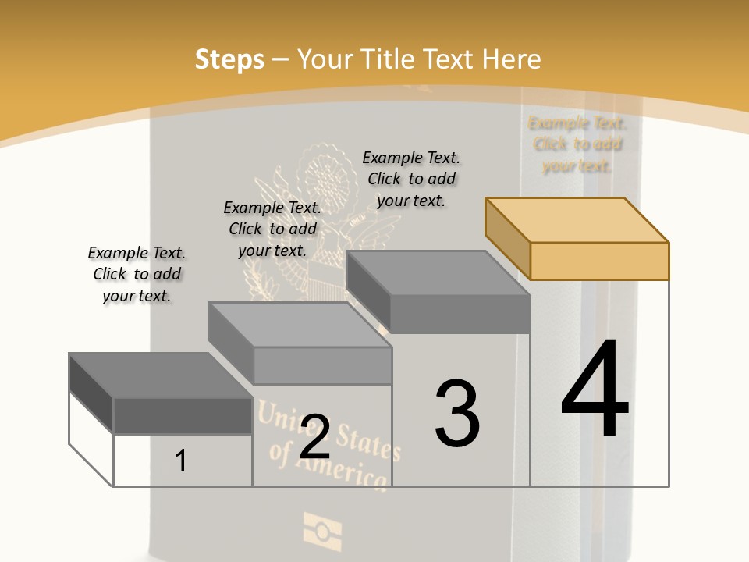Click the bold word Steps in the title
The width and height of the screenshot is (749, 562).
coord(229,59)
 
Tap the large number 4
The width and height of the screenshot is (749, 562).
coord(595,389)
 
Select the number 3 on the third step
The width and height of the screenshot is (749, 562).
coord(457,414)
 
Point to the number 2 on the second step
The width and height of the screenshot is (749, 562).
coord(314,437)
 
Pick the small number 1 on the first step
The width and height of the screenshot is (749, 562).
coord(181,461)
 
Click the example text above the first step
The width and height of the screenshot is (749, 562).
coord(137,274)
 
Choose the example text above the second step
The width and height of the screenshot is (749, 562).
coord(272,229)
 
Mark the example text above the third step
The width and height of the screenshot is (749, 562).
coord(411,179)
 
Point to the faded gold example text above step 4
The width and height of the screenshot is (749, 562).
coord(577,144)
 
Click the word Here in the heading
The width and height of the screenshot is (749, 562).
coord(512,59)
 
